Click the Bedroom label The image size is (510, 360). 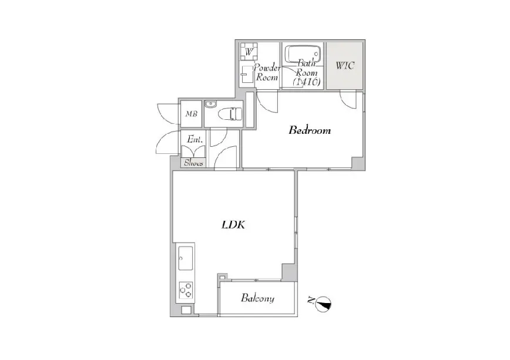310,130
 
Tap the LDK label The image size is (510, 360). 233,225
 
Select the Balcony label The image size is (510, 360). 257,298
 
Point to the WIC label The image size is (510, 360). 345,65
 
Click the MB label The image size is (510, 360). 192,114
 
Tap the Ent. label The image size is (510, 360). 195,140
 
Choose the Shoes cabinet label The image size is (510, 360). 194,163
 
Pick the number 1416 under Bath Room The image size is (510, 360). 307,82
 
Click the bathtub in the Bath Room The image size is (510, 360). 303,53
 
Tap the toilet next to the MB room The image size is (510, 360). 230,114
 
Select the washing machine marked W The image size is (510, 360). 249,51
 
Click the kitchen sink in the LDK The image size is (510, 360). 186,258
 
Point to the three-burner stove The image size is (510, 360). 186,290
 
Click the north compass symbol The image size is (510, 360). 324,304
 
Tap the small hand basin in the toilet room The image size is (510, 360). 211,104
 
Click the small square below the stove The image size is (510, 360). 186,310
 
